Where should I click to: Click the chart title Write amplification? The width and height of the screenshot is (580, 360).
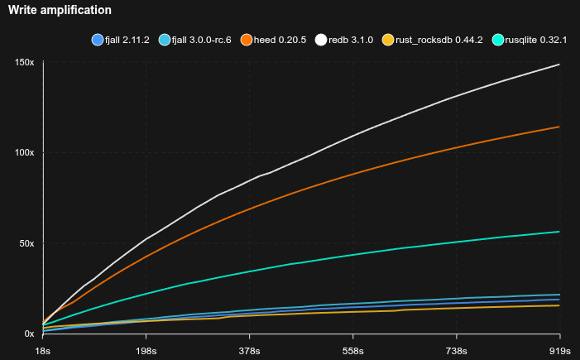point(60,10)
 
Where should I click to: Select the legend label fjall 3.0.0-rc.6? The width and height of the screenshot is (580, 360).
point(202,40)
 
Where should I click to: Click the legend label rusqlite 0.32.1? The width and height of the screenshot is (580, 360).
point(536,40)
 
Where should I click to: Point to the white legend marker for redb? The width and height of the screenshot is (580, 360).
point(322,40)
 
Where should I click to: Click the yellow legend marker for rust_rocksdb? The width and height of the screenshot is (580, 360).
point(387,40)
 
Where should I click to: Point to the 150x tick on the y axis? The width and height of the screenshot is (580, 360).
point(25,63)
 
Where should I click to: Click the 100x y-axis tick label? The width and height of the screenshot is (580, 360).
point(25,153)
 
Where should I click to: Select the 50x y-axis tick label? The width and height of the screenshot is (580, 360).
point(26,243)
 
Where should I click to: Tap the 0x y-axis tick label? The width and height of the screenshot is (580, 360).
point(28,334)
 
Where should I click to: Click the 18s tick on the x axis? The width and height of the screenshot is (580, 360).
point(43,349)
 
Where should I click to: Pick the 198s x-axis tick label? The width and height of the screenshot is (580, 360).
point(146,349)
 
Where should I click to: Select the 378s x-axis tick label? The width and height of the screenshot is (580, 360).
point(250,349)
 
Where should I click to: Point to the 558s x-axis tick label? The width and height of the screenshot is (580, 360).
point(353,349)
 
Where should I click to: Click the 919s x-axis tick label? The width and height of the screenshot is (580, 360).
point(560,349)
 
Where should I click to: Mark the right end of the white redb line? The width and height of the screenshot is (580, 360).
point(560,65)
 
